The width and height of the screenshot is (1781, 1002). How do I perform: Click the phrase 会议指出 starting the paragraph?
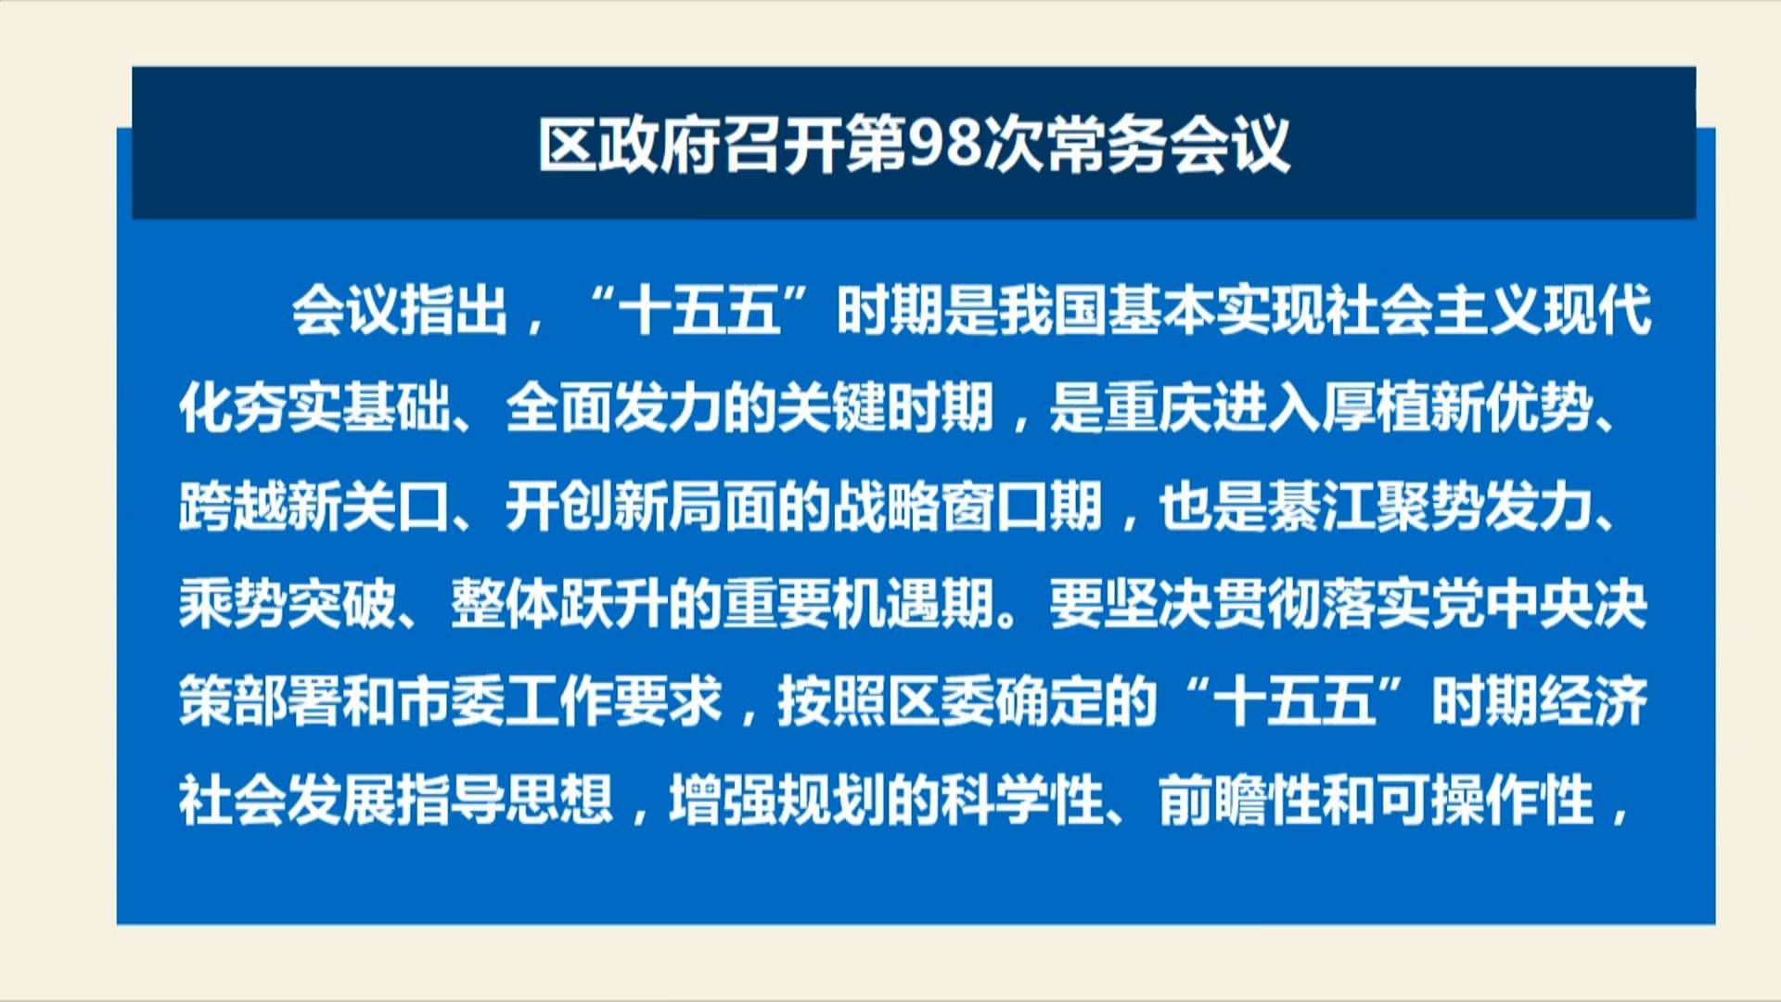[x=400, y=310]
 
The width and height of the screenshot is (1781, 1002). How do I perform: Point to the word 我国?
[x=1052, y=310]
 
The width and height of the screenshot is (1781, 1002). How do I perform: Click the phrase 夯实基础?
[x=341, y=408]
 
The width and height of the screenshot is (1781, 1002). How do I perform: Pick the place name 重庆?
[x=1158, y=408]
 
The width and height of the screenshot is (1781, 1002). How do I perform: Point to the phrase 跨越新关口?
[x=314, y=507]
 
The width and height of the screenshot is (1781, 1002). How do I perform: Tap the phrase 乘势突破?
[x=287, y=605]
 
